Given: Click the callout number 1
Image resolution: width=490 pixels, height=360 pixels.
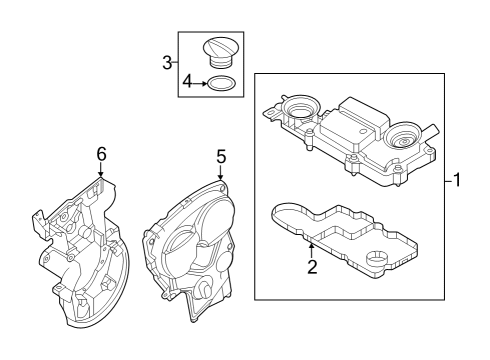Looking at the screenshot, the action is coord(457,180).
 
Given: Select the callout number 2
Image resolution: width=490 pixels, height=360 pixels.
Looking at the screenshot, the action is coord(312,266).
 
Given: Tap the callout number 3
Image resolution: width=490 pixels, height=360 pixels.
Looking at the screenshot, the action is coord(167,62).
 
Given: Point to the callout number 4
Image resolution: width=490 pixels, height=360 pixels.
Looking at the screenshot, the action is coord(188,81).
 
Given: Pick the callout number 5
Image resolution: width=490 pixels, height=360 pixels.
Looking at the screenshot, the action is coord(221,156).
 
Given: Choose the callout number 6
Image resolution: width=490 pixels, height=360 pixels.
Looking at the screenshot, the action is coord(101,154).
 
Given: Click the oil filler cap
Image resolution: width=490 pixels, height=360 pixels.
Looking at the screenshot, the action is coord(220,52).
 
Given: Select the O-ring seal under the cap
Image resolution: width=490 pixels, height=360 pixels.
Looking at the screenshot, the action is coord(221,83).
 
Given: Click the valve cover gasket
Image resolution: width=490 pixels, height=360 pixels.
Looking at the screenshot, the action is coord(344,239).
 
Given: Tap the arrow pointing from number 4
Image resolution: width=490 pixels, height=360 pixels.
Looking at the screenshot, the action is coord(200,83).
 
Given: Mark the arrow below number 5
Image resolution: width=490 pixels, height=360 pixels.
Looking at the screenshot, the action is coord(220,172).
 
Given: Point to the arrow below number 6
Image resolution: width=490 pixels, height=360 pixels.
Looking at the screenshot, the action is coord(101,169).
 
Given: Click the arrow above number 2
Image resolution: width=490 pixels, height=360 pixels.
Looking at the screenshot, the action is coord(312,251).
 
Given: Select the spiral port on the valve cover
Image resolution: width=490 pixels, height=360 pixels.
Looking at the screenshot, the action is coord(403,137).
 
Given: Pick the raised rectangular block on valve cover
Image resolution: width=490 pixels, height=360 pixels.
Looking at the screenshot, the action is coord(363,115).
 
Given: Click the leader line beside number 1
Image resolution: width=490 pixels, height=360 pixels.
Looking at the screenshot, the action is coord(449,181).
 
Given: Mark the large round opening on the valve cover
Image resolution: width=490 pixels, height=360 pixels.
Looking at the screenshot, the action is coord(301,108).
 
